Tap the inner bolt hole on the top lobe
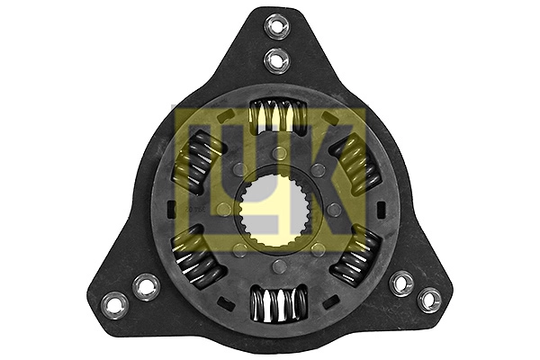(276, 60)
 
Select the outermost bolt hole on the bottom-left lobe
(115, 304)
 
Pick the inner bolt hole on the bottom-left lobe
(146, 286)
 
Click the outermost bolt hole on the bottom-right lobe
(429, 301)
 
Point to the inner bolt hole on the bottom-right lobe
(401, 283)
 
